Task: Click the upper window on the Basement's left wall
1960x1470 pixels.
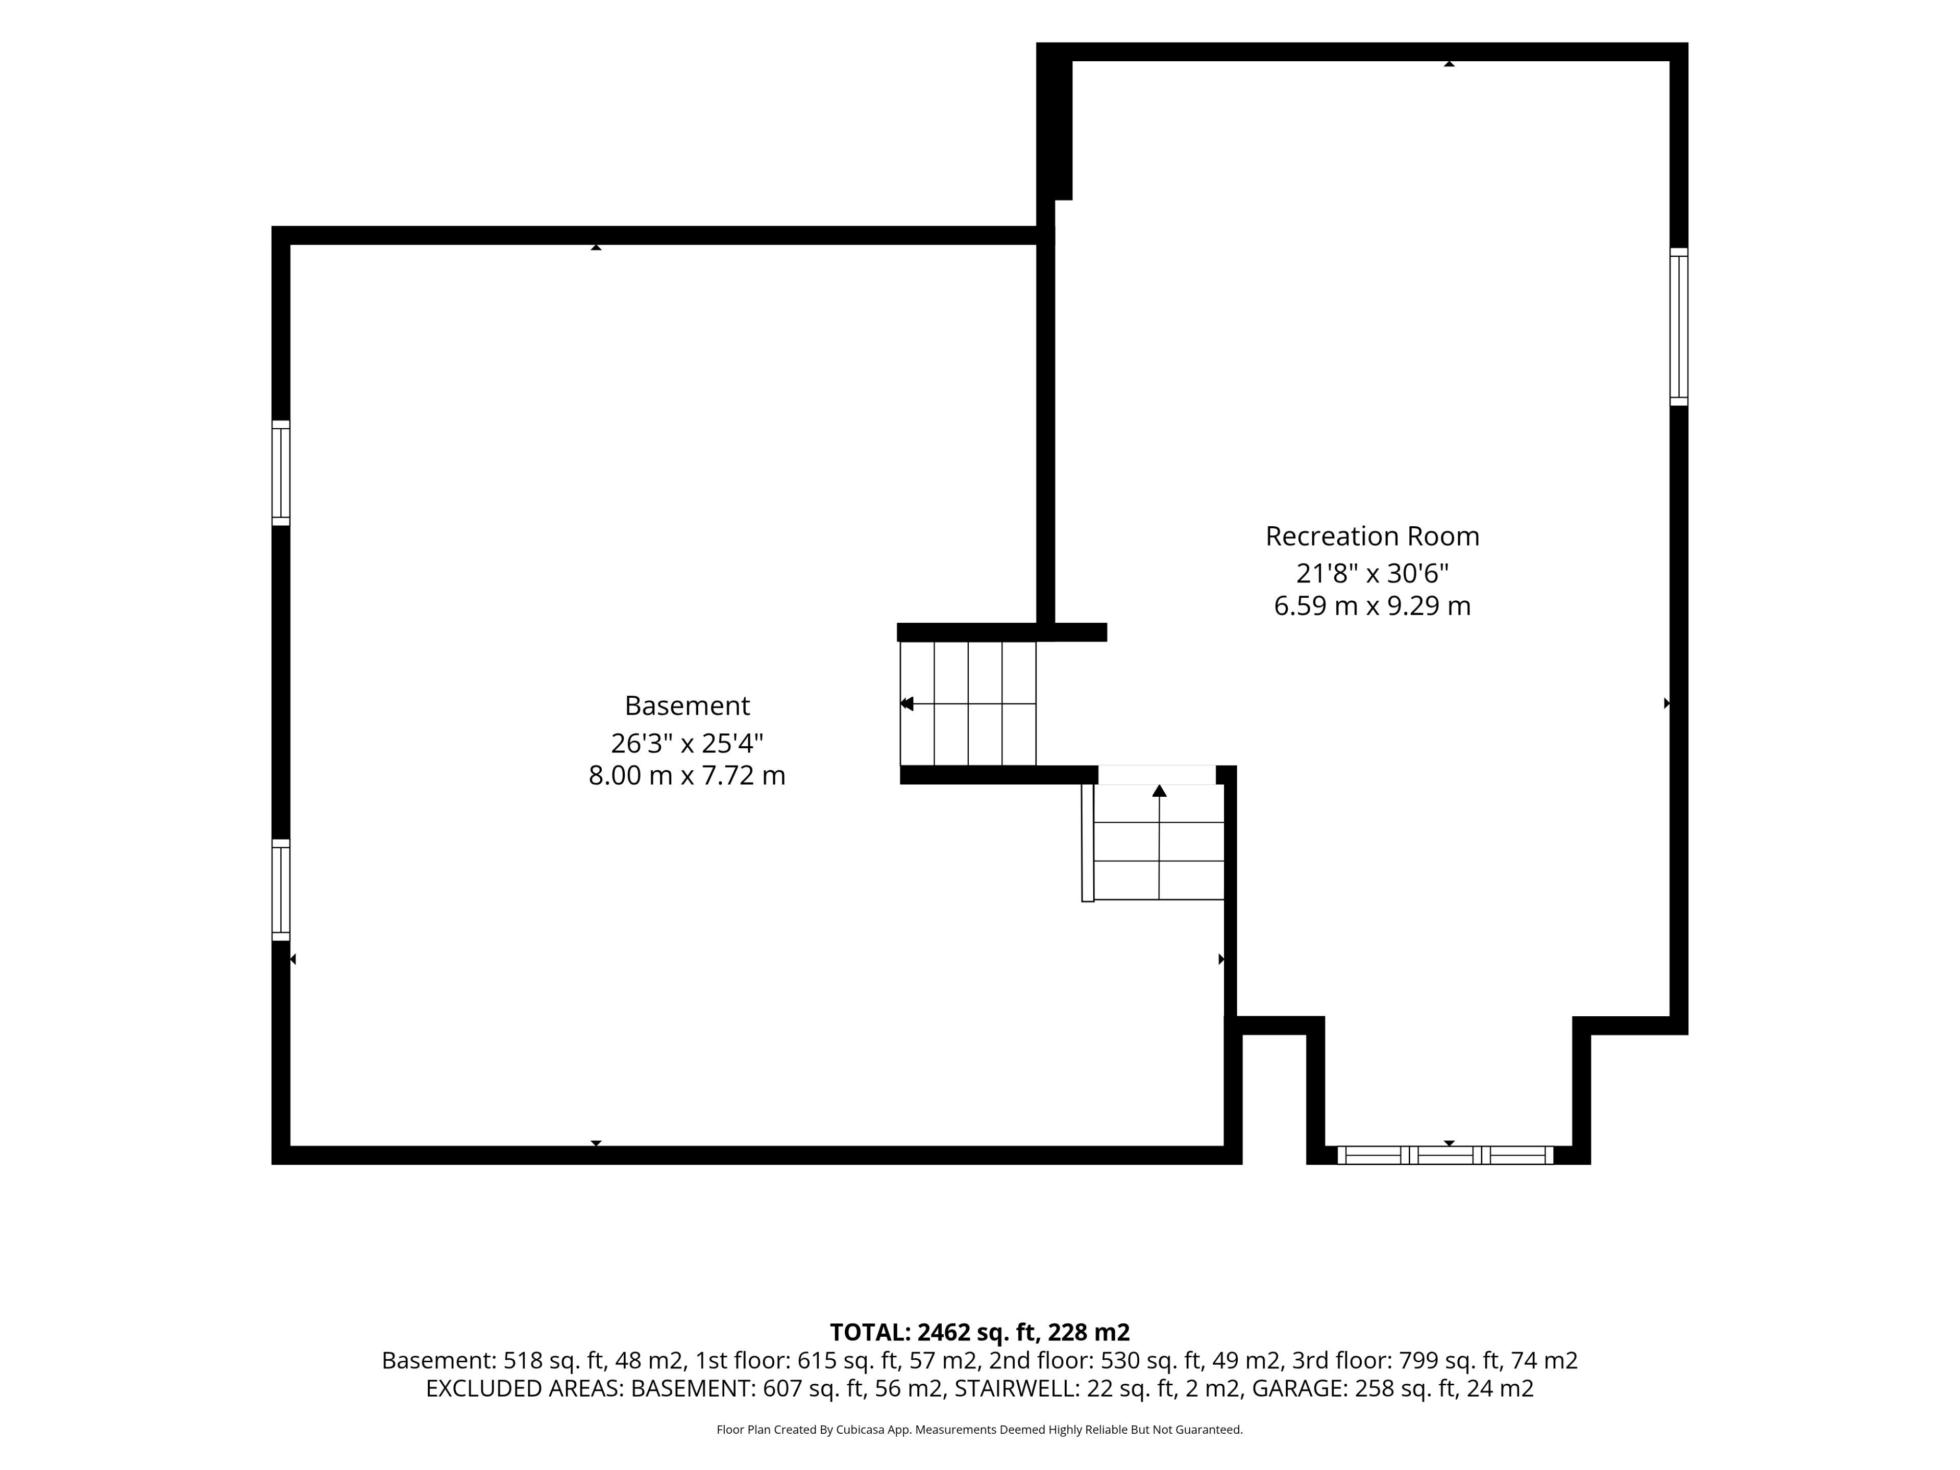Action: tap(280, 473)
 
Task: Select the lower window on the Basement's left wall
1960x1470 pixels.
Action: tap(280, 890)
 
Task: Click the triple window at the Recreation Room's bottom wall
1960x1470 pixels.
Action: tap(1444, 1156)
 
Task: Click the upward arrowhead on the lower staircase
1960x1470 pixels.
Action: tap(1159, 790)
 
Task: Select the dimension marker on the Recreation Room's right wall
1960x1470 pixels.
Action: tap(1667, 703)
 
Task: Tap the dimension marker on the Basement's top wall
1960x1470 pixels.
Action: tap(596, 247)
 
